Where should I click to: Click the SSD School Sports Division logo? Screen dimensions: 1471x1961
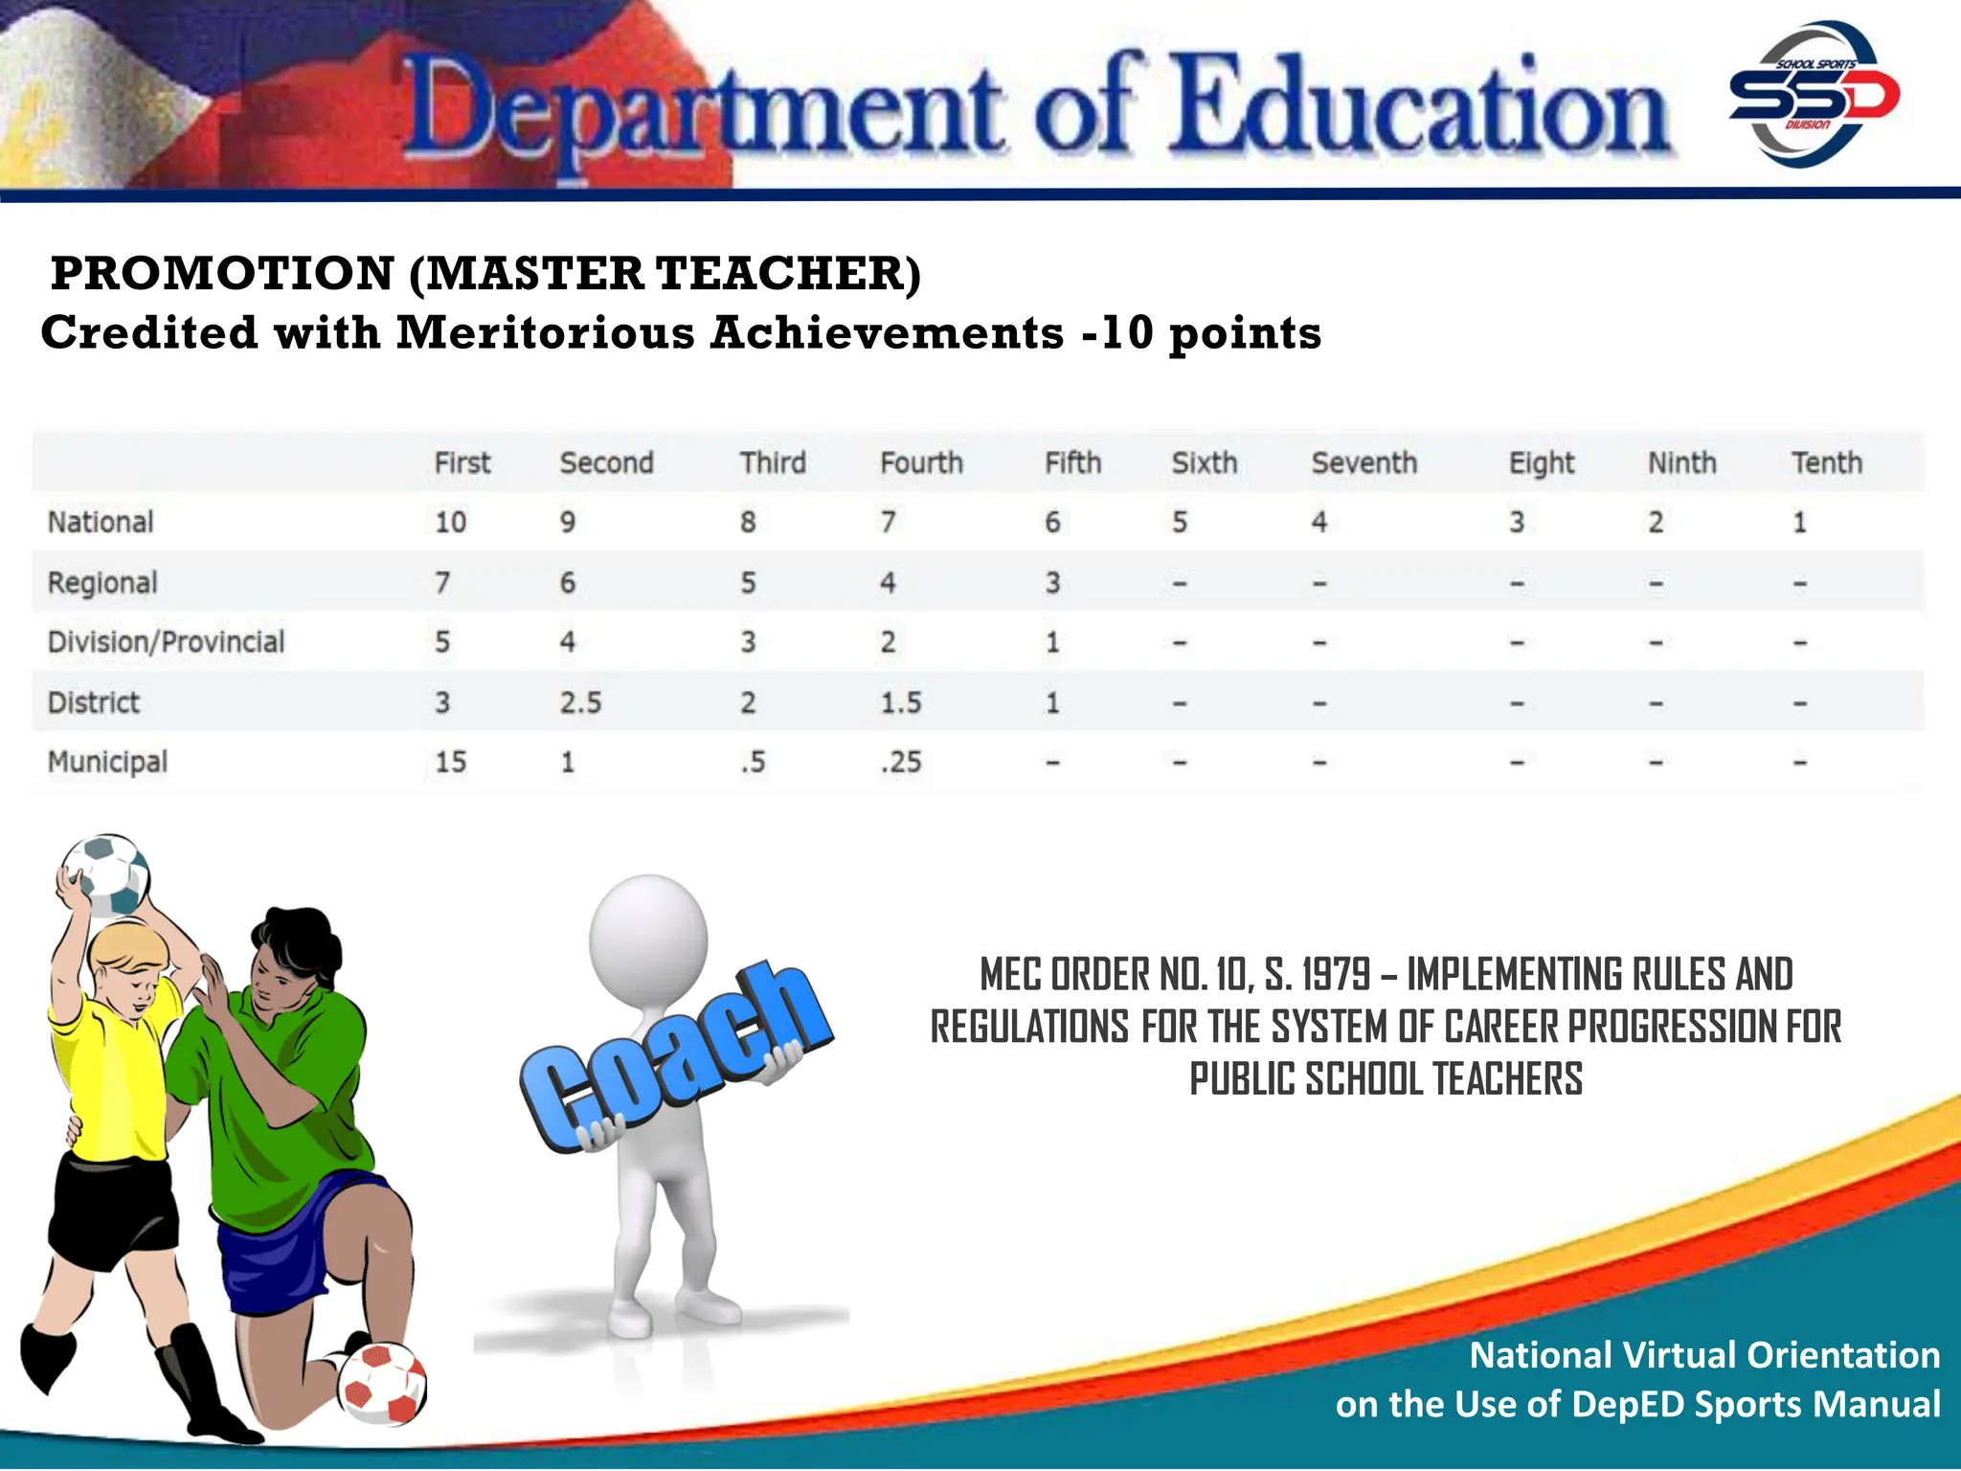[1814, 94]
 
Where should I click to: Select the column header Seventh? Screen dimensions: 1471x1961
[1364, 464]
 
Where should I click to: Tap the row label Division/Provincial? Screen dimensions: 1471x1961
[166, 642]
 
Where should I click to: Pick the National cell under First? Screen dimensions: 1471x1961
[450, 523]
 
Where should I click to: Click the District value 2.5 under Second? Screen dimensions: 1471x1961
[580, 703]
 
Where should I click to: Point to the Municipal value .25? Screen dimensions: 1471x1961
[901, 762]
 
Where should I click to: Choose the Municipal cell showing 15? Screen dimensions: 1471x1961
[450, 762]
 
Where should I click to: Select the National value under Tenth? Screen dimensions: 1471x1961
[1799, 523]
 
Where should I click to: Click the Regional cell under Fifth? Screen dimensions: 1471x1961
[1052, 583]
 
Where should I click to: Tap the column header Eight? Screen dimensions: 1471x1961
[1541, 464]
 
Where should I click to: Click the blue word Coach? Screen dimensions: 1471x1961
[676, 1053]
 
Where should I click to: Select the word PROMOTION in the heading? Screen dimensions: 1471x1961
[222, 274]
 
